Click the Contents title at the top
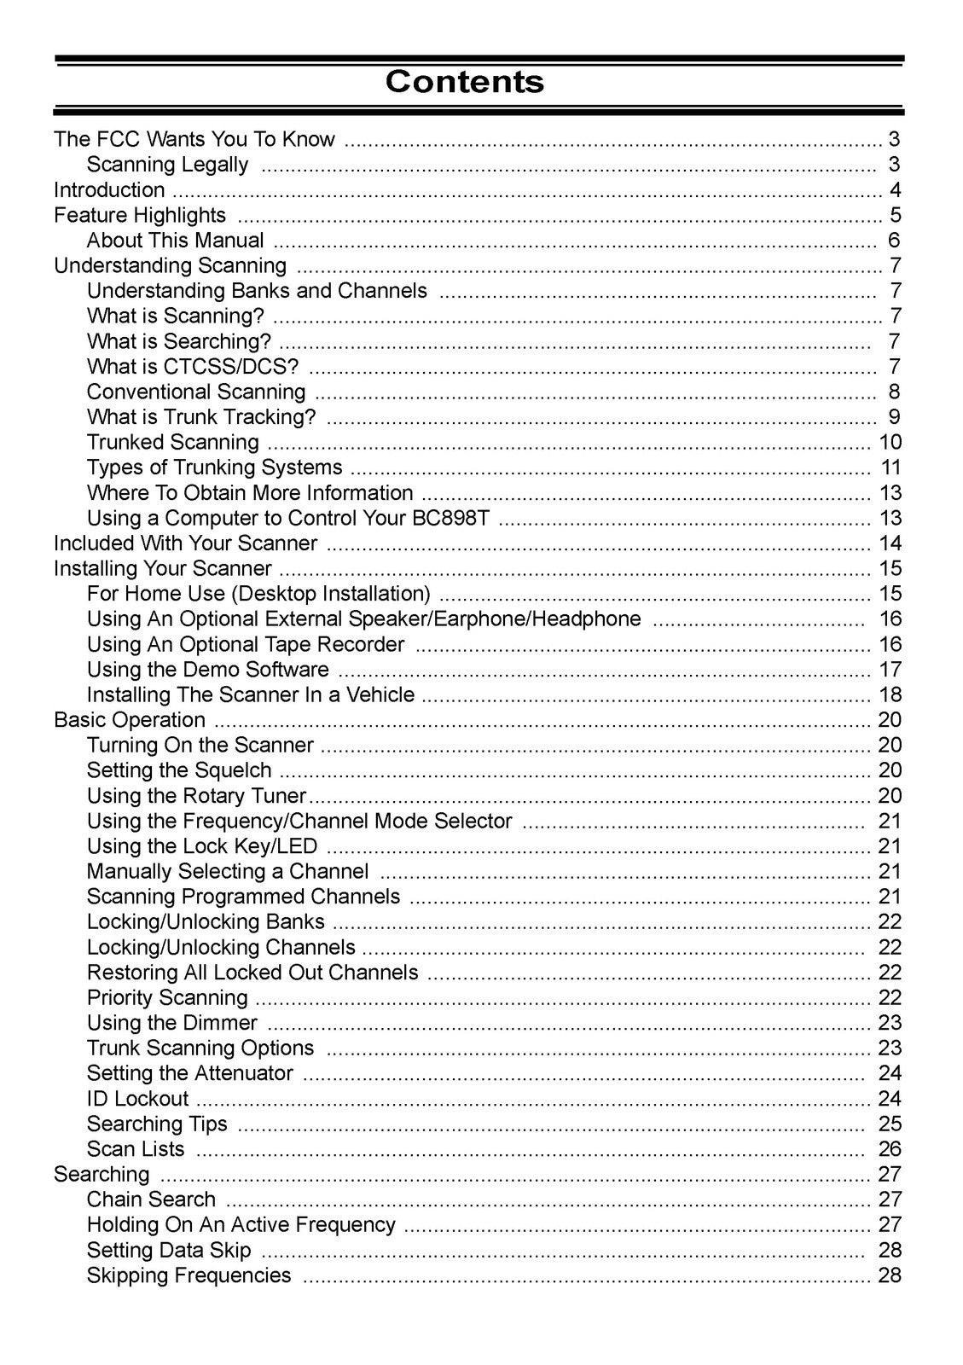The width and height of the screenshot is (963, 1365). point(464,82)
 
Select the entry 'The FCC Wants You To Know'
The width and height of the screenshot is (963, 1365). point(194,139)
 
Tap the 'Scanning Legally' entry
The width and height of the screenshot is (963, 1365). point(167,165)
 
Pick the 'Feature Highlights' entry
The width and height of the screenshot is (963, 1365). point(140,215)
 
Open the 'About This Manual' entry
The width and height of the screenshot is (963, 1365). point(175,241)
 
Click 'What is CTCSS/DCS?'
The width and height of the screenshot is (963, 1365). point(193,367)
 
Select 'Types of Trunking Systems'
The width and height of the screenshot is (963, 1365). point(214,468)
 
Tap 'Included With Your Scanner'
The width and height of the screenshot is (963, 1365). point(185,543)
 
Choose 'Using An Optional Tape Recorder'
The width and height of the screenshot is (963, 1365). point(246,644)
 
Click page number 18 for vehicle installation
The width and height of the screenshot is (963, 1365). point(890,694)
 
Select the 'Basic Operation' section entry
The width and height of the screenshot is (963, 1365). point(130,720)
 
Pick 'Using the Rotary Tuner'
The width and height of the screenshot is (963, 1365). point(196,796)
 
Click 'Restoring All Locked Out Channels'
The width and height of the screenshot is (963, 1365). point(252,973)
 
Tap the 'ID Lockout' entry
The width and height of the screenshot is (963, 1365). point(137,1099)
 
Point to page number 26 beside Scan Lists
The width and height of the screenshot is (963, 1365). point(890,1149)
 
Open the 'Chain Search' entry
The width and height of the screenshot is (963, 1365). point(151,1199)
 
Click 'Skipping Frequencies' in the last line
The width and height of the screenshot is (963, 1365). point(189,1275)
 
